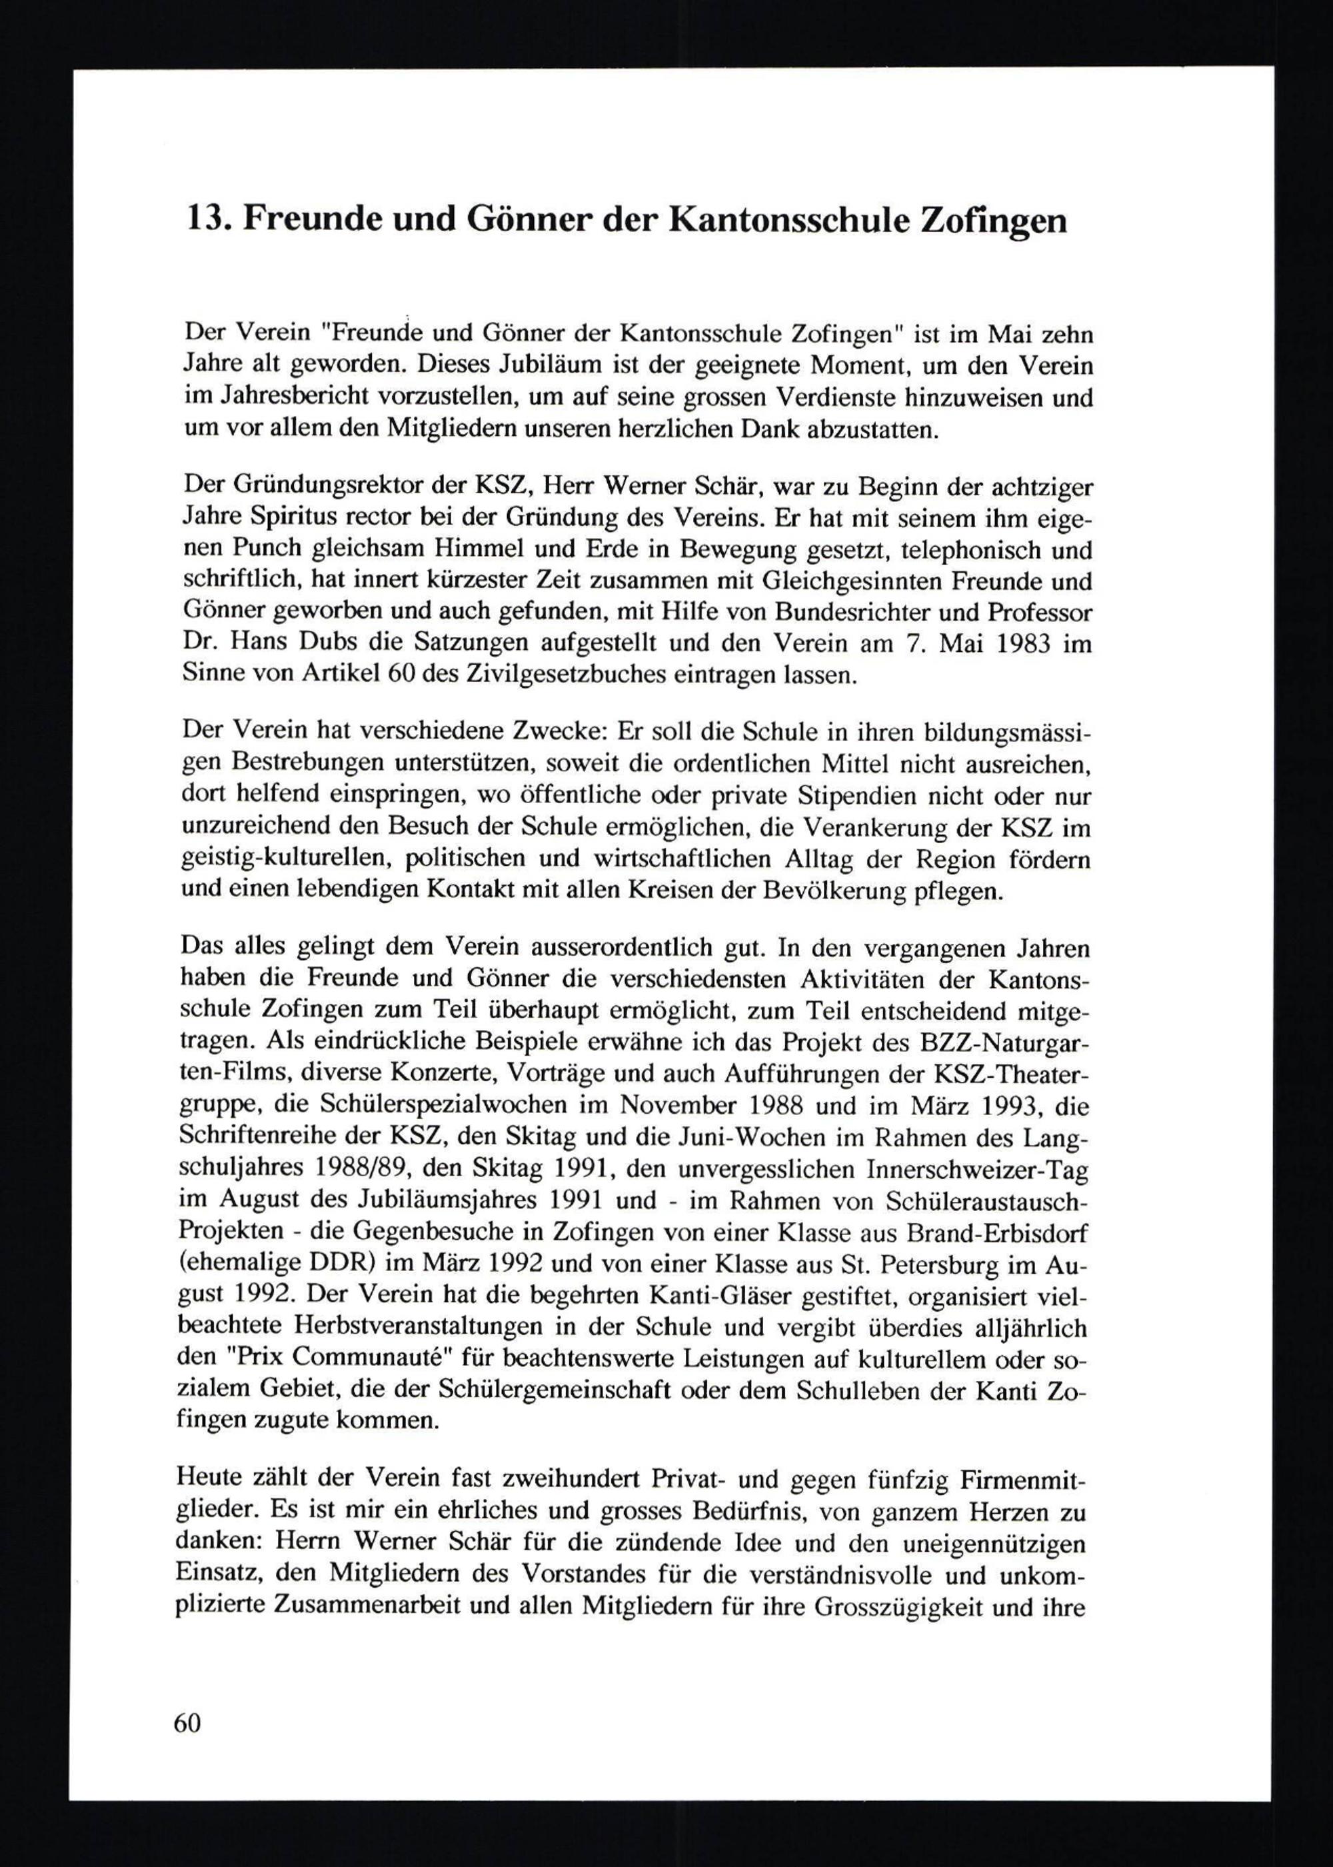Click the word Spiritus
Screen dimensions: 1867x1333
[x=297, y=519]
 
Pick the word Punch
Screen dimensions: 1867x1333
[x=262, y=551]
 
